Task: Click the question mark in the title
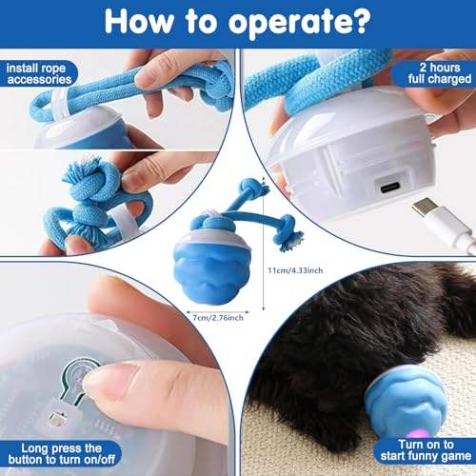[359, 20]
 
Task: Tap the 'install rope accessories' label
[38, 73]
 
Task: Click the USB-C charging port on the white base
[392, 188]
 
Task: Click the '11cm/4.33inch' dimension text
[295, 270]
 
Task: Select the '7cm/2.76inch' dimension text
[218, 318]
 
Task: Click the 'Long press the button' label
[62, 454]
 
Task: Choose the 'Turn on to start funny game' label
[426, 450]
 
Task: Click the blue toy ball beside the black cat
[407, 400]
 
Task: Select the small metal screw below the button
[58, 419]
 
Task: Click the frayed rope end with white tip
[293, 241]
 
